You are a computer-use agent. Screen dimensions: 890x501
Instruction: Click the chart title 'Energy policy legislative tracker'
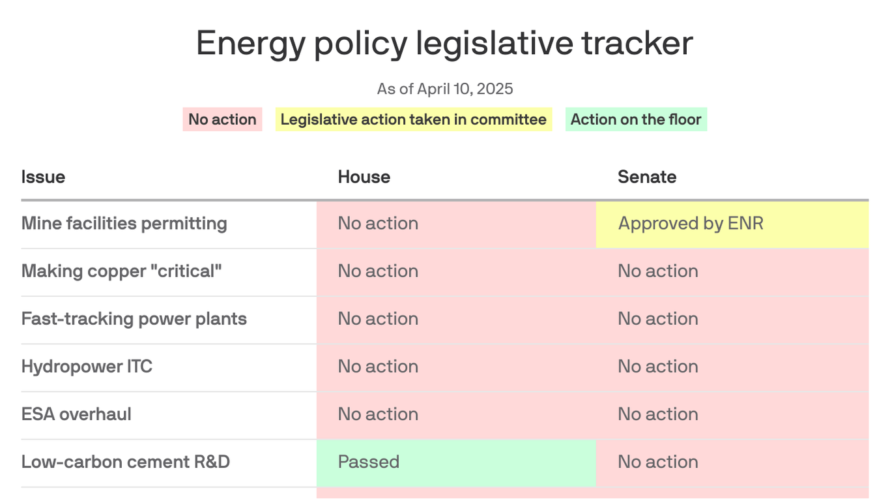click(x=444, y=43)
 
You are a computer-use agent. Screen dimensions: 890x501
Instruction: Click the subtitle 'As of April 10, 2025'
click(x=444, y=89)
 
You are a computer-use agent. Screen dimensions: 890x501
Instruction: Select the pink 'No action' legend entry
click(x=222, y=119)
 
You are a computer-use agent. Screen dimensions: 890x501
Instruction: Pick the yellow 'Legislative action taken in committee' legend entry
click(x=414, y=119)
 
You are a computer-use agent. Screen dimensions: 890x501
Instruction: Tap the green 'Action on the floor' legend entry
click(x=636, y=119)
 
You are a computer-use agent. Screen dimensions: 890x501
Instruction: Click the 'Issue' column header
click(x=43, y=177)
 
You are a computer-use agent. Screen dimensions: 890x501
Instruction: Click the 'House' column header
click(x=364, y=177)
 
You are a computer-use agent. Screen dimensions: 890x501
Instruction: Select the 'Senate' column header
click(x=647, y=177)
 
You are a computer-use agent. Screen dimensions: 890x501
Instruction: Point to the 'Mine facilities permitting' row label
click(x=124, y=224)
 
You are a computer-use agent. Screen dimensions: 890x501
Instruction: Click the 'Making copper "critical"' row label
click(x=122, y=271)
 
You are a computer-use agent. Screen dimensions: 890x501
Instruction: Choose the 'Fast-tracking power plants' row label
click(x=134, y=319)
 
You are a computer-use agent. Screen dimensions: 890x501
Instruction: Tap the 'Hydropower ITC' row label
click(x=87, y=367)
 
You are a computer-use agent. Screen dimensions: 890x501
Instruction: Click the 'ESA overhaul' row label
click(x=76, y=414)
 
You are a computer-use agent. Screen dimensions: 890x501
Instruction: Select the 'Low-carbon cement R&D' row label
click(x=126, y=462)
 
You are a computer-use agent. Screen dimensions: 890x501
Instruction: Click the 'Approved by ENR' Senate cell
click(x=732, y=225)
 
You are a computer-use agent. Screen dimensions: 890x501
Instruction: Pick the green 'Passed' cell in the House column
click(x=456, y=463)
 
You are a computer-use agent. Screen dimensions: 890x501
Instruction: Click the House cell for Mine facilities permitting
click(x=456, y=225)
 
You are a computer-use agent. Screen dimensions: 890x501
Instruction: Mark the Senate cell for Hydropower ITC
click(x=732, y=368)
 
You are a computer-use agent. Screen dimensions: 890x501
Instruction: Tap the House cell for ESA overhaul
click(x=456, y=416)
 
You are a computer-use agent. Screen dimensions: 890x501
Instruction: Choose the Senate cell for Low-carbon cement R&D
click(x=732, y=463)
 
